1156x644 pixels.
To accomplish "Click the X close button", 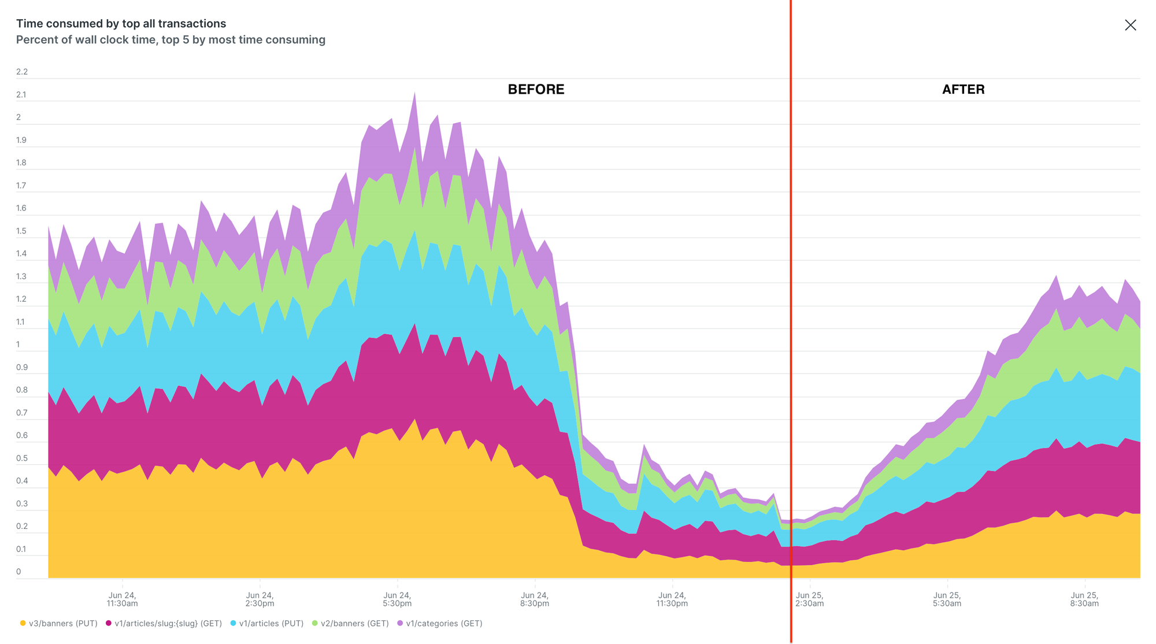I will coord(1130,25).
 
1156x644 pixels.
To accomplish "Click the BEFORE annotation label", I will coord(536,90).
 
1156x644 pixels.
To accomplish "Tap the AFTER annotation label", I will coord(963,90).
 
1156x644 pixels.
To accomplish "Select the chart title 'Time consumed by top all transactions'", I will coord(121,24).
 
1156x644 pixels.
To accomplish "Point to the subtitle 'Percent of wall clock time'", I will coord(171,40).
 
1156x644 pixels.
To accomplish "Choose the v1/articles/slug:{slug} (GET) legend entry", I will coord(164,623).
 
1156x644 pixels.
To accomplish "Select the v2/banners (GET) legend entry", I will coord(350,623).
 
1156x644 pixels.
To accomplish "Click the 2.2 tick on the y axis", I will coord(22,72).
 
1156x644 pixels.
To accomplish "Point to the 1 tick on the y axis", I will coord(18,345).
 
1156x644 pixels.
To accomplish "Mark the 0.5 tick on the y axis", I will coord(22,458).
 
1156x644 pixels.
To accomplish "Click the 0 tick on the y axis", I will coord(18,572).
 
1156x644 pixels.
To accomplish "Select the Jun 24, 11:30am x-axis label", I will coord(122,599).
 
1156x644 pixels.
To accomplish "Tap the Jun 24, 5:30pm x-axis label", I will coord(397,599).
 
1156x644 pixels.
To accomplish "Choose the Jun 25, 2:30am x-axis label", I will coord(809,599).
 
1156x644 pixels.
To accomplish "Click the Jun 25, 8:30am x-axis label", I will coord(1084,599).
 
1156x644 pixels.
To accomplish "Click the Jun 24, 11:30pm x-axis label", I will coord(672,599).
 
